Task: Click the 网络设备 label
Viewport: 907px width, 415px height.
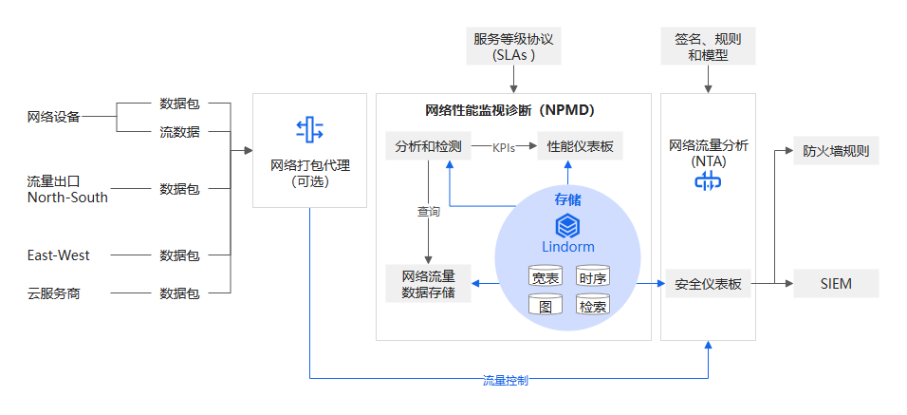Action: point(53,117)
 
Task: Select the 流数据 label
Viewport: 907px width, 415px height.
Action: point(179,132)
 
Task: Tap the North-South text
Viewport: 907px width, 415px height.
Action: point(67,198)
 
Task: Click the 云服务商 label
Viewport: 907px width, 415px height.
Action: point(53,293)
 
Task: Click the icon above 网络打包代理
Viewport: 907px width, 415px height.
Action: point(309,129)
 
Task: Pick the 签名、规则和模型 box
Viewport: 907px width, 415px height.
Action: point(708,47)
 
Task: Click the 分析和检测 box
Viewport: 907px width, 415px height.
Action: point(428,147)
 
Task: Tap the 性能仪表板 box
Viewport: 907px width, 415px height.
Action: point(581,147)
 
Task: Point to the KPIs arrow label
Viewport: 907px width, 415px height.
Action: point(504,147)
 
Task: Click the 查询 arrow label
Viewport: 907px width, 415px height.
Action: point(429,212)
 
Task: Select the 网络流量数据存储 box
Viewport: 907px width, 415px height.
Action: point(428,284)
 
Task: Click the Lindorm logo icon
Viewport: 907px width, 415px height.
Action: point(567,226)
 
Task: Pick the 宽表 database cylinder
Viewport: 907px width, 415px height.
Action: point(546,277)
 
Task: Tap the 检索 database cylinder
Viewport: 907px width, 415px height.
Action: point(593,306)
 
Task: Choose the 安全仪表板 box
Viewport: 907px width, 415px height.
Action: point(708,284)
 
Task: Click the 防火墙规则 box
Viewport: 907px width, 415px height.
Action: point(835,150)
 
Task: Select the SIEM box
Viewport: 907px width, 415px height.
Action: point(835,284)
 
